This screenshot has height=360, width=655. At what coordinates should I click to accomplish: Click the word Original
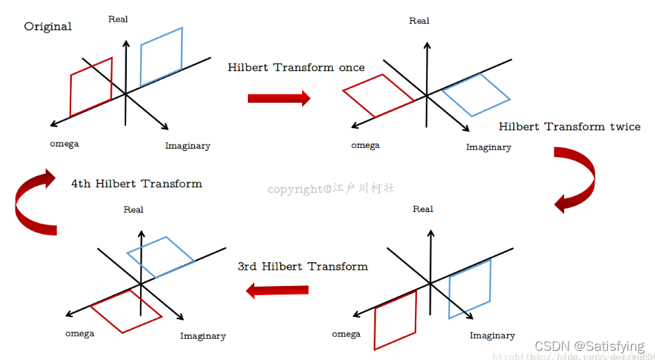(48, 27)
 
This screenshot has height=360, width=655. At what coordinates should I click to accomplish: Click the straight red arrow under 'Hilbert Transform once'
(279, 98)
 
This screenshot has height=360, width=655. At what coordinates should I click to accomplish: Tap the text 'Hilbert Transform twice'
(569, 127)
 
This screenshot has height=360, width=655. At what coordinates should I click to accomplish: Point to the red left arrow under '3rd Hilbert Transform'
(277, 290)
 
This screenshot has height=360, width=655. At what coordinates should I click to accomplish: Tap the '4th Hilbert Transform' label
(137, 184)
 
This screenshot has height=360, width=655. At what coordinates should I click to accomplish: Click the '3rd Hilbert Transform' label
(303, 266)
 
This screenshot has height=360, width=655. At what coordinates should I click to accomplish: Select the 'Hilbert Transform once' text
(296, 68)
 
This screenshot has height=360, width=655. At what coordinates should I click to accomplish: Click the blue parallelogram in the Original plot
(161, 56)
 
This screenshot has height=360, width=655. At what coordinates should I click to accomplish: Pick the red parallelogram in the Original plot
(91, 86)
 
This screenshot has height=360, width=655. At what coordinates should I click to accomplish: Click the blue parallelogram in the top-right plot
(476, 94)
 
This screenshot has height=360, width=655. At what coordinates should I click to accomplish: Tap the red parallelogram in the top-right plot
(378, 95)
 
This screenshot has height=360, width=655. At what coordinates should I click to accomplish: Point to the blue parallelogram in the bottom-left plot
(161, 256)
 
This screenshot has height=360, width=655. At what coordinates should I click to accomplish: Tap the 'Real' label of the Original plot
(118, 19)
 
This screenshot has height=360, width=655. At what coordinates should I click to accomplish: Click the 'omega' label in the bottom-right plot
(346, 334)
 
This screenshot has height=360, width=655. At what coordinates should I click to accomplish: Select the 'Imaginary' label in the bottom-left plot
(203, 336)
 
